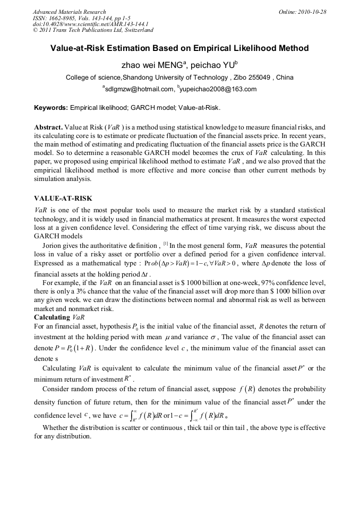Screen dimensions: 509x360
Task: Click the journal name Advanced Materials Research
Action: [69, 12]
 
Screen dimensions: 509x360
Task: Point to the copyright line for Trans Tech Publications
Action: [93, 30]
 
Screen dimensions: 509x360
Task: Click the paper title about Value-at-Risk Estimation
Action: [179, 48]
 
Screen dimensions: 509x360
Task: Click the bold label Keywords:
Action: [51, 107]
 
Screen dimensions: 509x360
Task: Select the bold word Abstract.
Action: [48, 128]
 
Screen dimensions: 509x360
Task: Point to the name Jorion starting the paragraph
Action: [53, 245]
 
